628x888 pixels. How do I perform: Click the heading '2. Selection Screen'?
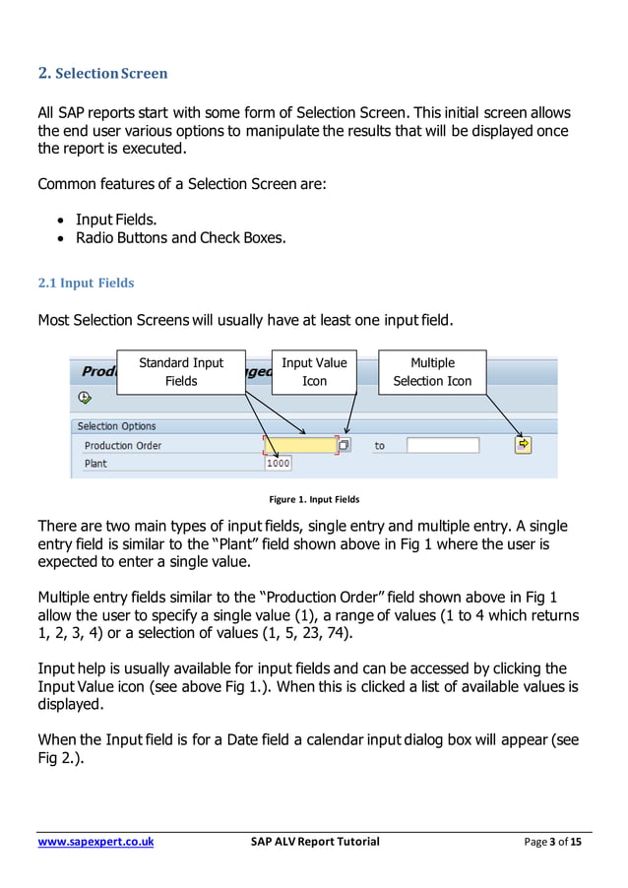[102, 73]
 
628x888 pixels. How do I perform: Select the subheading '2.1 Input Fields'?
[86, 284]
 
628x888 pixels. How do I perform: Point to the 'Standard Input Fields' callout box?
[181, 372]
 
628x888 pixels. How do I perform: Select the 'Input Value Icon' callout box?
[314, 372]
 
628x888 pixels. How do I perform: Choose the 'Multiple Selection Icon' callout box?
[432, 372]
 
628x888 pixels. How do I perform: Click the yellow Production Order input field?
[299, 445]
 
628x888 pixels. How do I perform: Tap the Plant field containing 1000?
[278, 464]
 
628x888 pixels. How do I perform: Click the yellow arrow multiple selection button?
[523, 445]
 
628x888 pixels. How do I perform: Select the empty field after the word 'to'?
[443, 445]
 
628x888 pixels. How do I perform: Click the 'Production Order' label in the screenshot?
[122, 446]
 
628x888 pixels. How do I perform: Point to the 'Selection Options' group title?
[116, 426]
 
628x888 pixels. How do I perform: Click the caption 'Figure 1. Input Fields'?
[315, 499]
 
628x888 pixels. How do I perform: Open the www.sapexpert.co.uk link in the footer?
[95, 842]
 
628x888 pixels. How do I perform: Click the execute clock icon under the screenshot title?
[85, 398]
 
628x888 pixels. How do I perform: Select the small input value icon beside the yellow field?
[344, 445]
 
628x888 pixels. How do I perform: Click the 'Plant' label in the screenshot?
[95, 464]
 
